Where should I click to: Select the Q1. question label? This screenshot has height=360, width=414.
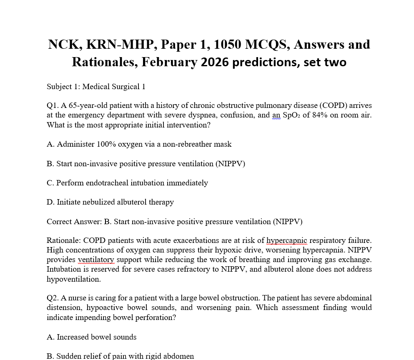pos(53,105)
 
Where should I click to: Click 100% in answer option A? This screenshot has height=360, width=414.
pos(106,144)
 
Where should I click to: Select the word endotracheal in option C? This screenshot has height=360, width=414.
pos(108,183)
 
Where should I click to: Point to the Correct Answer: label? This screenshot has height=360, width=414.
pos(74,221)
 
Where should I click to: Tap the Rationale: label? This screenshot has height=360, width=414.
pos(64,240)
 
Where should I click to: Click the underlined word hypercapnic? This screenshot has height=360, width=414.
pos(286,240)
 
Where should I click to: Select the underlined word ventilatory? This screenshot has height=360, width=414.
pos(96,260)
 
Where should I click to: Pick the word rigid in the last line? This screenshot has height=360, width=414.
pos(150,356)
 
